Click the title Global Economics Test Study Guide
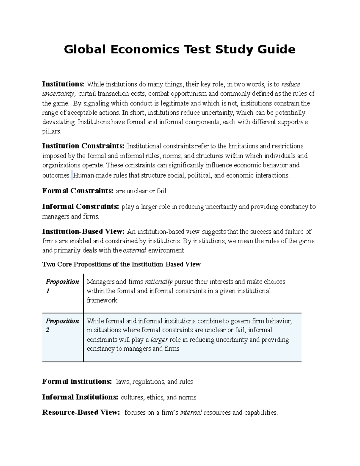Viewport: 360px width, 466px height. (x=180, y=50)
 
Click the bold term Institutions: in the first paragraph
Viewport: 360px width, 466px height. (x=63, y=84)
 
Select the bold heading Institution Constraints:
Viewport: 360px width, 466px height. (x=83, y=146)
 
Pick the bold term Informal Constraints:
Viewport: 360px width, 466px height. (x=80, y=207)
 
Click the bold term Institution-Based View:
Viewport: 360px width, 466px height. (x=83, y=232)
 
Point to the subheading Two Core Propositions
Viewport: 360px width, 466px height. (x=121, y=264)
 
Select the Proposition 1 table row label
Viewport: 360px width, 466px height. (x=62, y=286)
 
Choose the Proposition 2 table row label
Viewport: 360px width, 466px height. (x=62, y=326)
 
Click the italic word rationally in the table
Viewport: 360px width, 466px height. (x=159, y=282)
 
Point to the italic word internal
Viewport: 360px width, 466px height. (x=191, y=413)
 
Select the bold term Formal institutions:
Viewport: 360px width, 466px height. (x=77, y=382)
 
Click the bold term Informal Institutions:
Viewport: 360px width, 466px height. (x=80, y=397)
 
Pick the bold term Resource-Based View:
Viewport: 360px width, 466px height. (x=81, y=413)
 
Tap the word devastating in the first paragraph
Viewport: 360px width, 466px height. (x=59, y=122)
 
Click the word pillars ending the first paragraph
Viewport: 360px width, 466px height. (x=51, y=131)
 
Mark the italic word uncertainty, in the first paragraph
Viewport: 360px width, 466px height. (x=59, y=94)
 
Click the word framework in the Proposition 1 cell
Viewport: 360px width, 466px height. (x=102, y=300)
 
